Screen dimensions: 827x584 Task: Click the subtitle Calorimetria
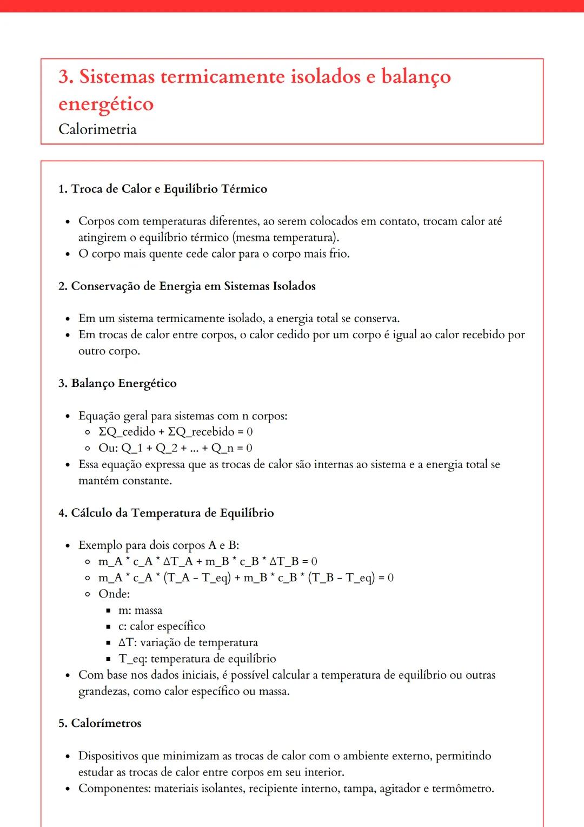click(97, 129)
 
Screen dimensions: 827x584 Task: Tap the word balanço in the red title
click(416, 76)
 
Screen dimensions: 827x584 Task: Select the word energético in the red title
click(106, 104)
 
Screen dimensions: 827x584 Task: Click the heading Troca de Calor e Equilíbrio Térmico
click(163, 189)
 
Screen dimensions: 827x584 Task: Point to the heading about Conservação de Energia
click(187, 286)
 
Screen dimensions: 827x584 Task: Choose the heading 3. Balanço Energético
click(117, 383)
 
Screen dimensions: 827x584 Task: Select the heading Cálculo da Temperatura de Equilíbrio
click(166, 513)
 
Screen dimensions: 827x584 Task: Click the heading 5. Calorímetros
click(100, 723)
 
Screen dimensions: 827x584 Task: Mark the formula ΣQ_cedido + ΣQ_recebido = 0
click(175, 432)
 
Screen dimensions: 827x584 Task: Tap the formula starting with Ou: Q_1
click(175, 448)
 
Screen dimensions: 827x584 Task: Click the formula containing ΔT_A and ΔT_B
click(208, 561)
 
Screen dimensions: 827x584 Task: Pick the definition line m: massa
click(140, 610)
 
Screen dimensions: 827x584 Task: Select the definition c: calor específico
click(162, 626)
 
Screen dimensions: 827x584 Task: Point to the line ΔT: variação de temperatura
click(188, 642)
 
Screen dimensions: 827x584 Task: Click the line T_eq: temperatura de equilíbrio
click(197, 659)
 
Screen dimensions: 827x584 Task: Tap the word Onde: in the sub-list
click(114, 594)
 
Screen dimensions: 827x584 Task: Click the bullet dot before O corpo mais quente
click(68, 254)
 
